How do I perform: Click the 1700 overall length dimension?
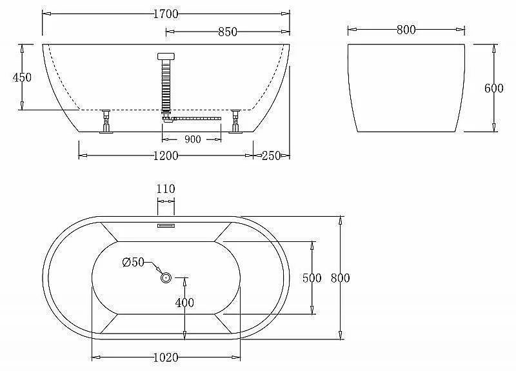tap(166, 14)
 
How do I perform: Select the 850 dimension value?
tap(228, 32)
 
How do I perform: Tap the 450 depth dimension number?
tap(22, 77)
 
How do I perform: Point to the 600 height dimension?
tap(493, 88)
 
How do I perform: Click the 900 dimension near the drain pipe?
tap(192, 139)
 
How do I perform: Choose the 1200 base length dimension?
tap(166, 155)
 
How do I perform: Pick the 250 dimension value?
tap(271, 155)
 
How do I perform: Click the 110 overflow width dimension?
tap(166, 189)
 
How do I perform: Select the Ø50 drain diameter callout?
tap(134, 263)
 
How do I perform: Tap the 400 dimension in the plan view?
tap(184, 303)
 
